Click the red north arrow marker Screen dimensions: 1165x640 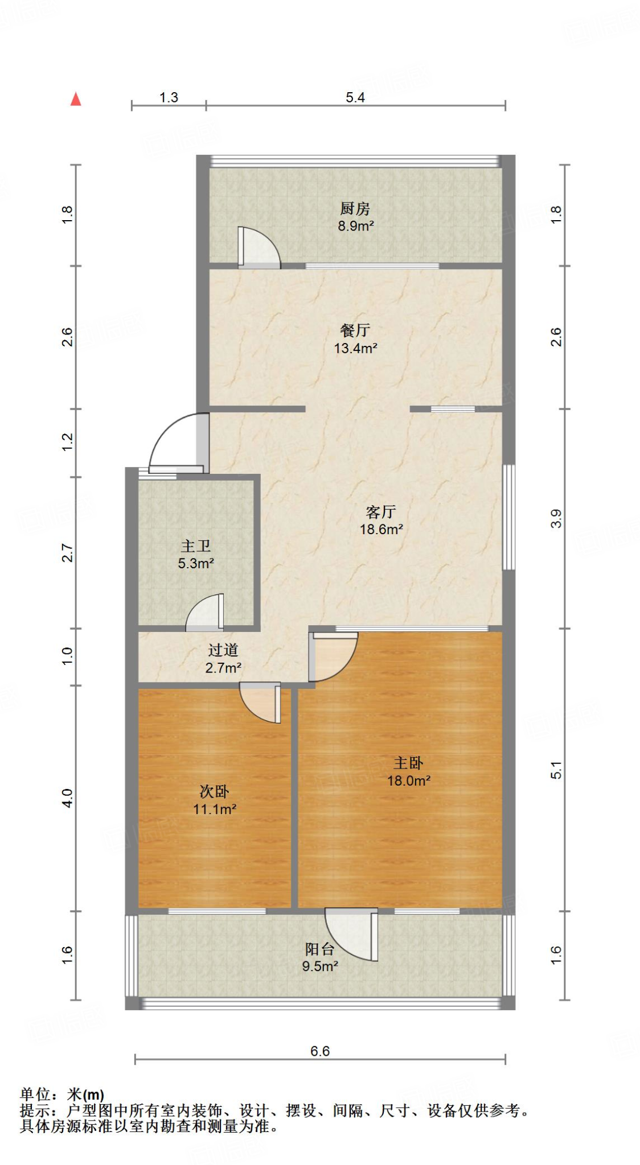[x=76, y=100]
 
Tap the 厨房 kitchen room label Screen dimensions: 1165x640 [x=355, y=209]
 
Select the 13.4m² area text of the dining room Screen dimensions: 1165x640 [x=355, y=348]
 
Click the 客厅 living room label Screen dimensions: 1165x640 [x=381, y=512]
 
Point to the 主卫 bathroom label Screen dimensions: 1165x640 [x=196, y=546]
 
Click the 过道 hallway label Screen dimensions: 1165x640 [x=223, y=650]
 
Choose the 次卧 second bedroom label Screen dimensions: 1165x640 [x=214, y=791]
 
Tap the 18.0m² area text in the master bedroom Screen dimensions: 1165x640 [x=408, y=781]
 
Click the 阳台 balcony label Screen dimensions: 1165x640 [x=319, y=949]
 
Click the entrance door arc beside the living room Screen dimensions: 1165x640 [x=174, y=441]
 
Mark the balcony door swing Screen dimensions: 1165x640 [x=353, y=933]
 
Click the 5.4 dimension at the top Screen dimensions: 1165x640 [x=355, y=97]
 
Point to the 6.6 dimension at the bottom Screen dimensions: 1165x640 [x=320, y=1051]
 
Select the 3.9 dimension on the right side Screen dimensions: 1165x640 [x=556, y=518]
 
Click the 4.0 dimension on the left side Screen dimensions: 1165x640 [x=67, y=798]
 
